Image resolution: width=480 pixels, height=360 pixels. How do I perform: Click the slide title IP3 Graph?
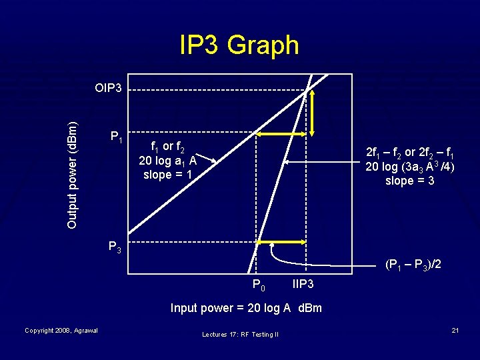(239, 45)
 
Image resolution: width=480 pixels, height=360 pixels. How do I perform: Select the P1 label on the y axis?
(116, 137)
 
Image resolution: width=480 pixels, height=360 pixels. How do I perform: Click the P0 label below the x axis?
(259, 286)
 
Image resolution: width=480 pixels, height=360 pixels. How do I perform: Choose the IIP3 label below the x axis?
(303, 285)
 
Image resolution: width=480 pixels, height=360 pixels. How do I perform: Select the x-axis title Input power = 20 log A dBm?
(246, 308)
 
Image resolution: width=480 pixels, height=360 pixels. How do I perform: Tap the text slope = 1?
(167, 175)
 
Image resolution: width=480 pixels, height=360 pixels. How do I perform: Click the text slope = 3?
(409, 180)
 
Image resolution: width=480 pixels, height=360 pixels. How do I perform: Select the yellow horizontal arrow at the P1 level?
(281, 135)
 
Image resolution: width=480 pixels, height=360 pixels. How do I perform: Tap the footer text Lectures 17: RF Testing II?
(239, 334)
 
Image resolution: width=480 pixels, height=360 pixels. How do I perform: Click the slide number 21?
(455, 331)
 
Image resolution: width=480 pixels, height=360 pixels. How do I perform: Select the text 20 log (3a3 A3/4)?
(409, 166)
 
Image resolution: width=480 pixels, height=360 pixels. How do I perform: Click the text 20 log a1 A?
(167, 161)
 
